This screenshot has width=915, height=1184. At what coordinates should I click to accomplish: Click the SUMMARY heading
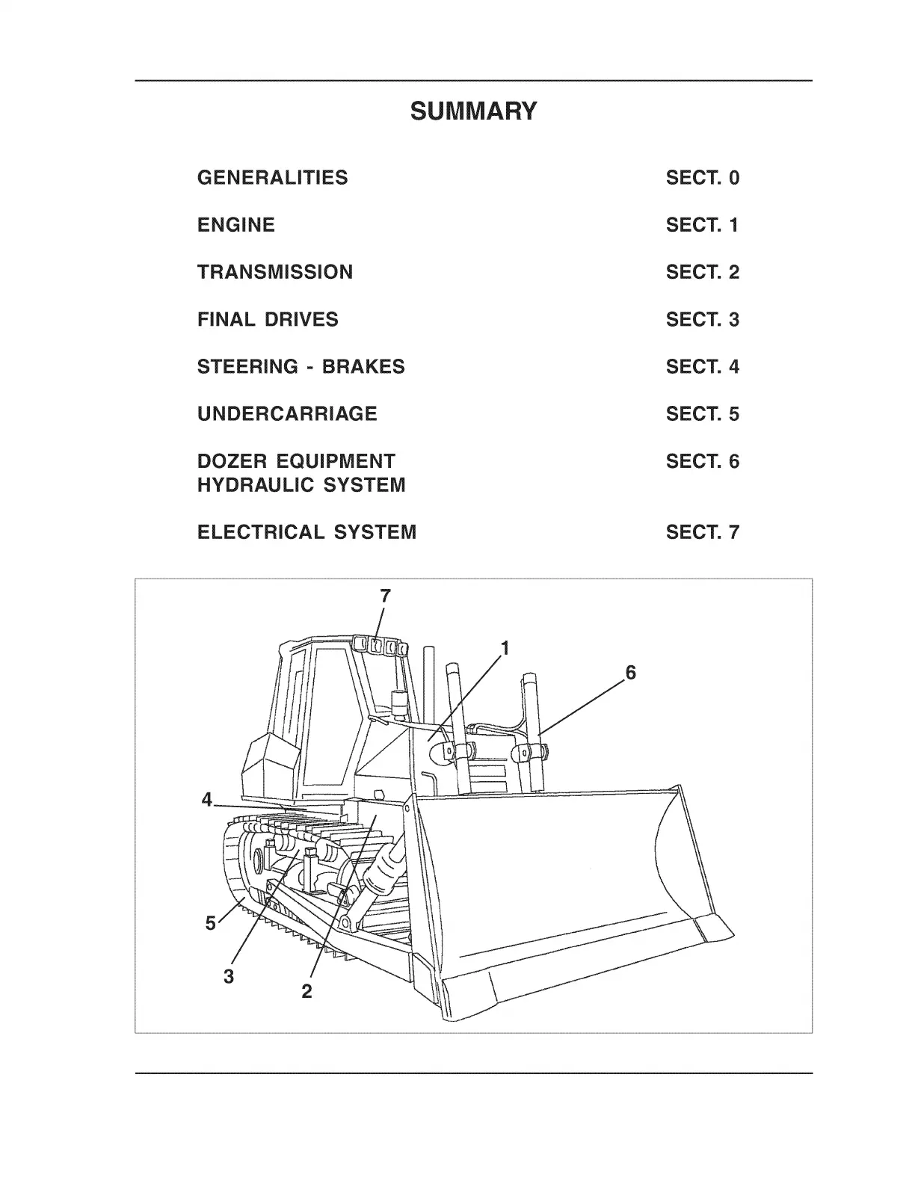click(x=473, y=111)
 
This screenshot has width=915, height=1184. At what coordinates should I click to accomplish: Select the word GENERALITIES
click(x=272, y=178)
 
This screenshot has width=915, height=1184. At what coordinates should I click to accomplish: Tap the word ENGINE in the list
click(x=235, y=225)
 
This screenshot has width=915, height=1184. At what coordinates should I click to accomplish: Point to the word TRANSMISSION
click(x=274, y=272)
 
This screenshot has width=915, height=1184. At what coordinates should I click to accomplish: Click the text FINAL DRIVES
click(x=268, y=320)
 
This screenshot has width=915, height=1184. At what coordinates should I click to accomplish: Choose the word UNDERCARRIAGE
click(x=287, y=414)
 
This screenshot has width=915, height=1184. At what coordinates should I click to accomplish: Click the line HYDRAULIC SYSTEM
click(x=301, y=485)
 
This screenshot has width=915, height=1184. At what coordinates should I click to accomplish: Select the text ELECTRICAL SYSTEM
click(x=306, y=533)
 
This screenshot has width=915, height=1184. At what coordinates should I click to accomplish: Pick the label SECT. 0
click(x=702, y=178)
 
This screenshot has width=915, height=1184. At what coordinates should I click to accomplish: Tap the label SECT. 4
click(x=702, y=367)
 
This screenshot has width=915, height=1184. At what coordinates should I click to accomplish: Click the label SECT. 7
click(x=702, y=533)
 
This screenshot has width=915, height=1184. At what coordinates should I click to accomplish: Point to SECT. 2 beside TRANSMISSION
click(x=702, y=272)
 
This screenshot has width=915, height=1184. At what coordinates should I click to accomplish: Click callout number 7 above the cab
click(x=385, y=596)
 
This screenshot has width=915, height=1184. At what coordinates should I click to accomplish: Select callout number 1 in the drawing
click(x=505, y=648)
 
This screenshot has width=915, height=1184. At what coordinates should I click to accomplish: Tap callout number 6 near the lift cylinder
click(x=630, y=673)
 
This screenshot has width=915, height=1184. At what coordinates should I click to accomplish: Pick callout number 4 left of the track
click(x=207, y=801)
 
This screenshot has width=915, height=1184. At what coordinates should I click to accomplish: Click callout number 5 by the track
click(x=211, y=923)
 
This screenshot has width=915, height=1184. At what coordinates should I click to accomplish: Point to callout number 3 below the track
click(x=229, y=975)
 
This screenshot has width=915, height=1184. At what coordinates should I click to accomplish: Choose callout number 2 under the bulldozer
click(x=306, y=992)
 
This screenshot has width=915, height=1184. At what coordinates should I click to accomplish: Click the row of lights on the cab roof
click(x=380, y=646)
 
